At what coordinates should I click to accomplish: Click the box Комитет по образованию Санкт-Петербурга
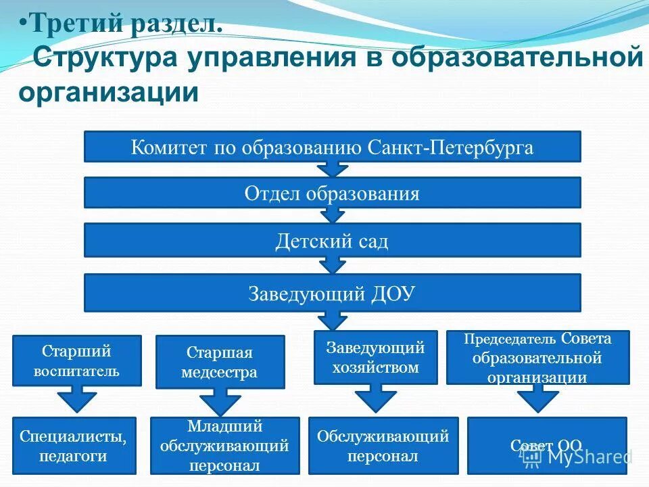pos(332,147)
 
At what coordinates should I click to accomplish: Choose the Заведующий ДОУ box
pos(332,293)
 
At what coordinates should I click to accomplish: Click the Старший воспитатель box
pos(77,361)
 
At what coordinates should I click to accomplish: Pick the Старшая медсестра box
pos(220,362)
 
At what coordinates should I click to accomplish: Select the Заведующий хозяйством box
pos(375,357)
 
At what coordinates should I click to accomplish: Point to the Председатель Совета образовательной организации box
pos(538,357)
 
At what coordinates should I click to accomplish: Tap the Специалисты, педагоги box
pos(74,445)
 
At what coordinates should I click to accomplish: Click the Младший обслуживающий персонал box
pos(224,445)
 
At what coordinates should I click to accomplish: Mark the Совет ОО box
pos(547,445)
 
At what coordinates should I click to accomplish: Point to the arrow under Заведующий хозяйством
pos(376,398)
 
